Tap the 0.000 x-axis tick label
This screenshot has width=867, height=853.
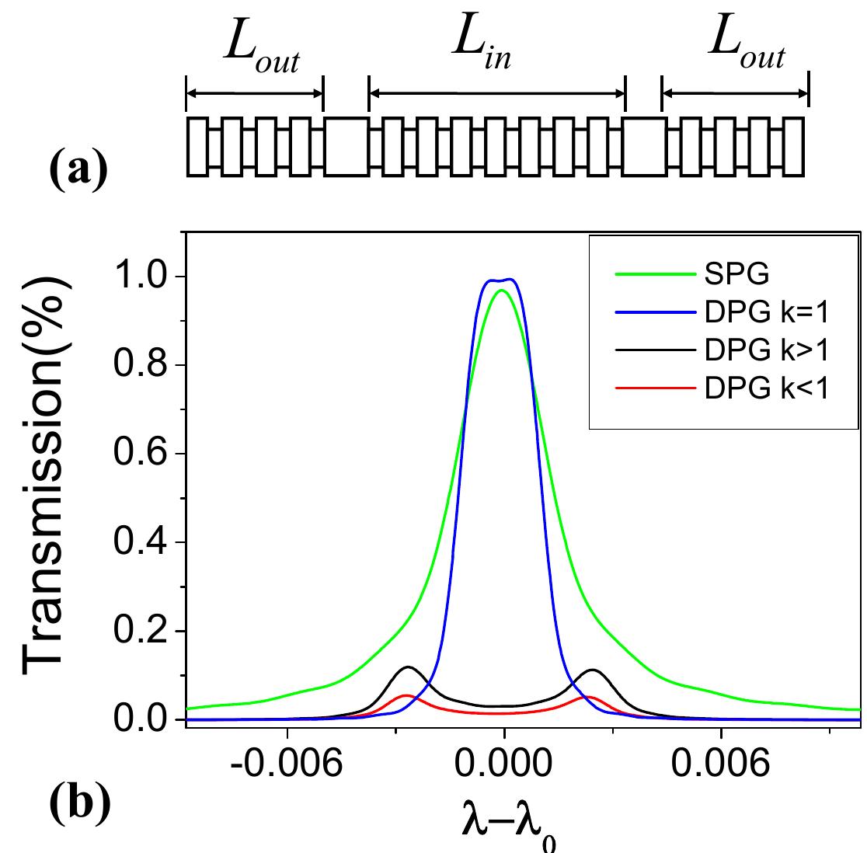[504, 764]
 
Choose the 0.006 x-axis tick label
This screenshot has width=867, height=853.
[722, 764]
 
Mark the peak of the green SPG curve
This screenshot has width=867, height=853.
[502, 291]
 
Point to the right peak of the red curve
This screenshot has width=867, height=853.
[587, 697]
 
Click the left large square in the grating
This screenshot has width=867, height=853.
[346, 146]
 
